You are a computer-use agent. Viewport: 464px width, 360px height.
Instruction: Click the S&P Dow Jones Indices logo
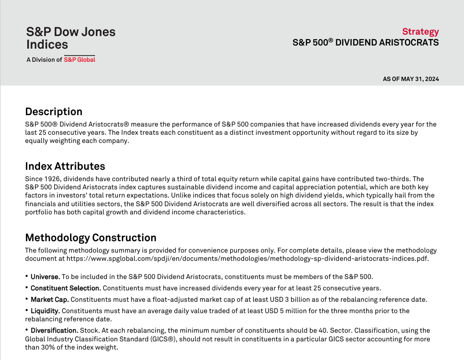click(x=71, y=38)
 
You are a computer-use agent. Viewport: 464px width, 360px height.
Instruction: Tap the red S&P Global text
click(x=80, y=60)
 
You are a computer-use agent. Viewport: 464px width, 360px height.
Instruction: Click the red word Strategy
click(x=420, y=31)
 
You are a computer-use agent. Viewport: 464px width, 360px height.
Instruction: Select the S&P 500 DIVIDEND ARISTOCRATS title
click(x=365, y=43)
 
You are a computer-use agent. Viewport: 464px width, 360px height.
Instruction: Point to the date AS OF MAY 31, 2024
click(x=411, y=79)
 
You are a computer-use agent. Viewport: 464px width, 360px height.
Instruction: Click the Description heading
click(x=54, y=112)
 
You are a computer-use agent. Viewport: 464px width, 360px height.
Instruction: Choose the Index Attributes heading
click(x=65, y=166)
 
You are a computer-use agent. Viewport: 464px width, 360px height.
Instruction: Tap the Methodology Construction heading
click(x=91, y=238)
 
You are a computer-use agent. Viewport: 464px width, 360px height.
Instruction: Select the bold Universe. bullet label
click(x=45, y=277)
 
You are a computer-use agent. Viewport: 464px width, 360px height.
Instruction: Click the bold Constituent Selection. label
click(x=66, y=288)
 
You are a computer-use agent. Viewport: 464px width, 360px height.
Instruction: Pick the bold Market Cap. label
click(x=50, y=299)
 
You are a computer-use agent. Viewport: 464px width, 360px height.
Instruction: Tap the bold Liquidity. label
click(x=45, y=311)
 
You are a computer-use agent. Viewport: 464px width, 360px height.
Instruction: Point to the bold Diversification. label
click(x=54, y=330)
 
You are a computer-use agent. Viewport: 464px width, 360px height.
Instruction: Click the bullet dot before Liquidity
click(x=27, y=310)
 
